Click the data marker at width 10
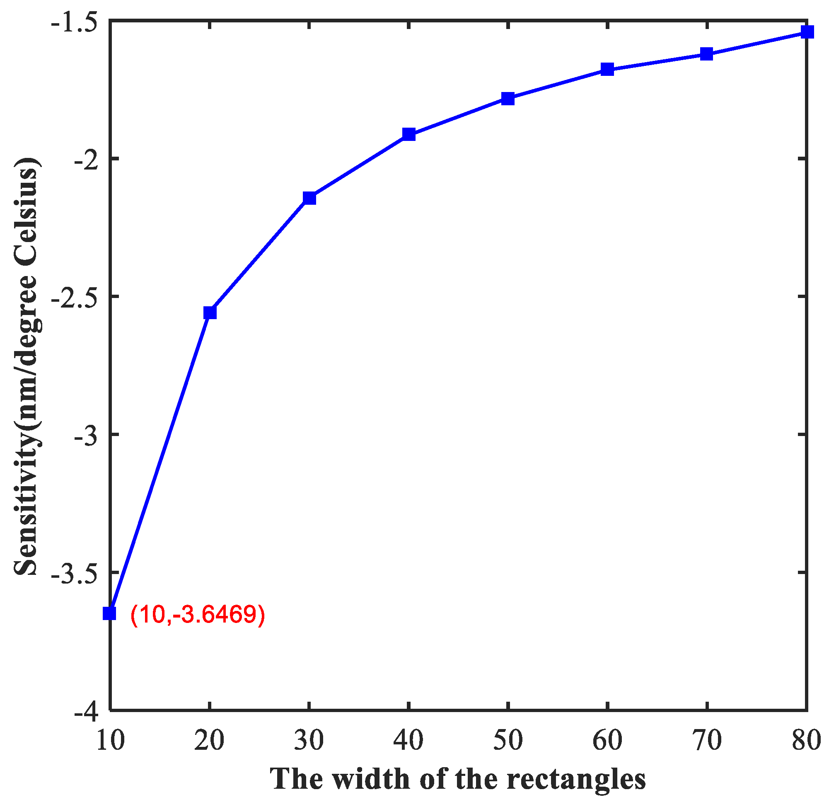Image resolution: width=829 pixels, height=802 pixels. [109, 613]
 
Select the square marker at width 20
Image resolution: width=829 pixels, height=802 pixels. [210, 313]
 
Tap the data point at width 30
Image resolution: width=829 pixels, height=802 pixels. [309, 198]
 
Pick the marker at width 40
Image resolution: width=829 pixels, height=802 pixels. [409, 135]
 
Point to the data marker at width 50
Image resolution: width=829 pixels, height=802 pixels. [508, 99]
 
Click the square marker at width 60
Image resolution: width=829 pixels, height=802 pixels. [607, 69]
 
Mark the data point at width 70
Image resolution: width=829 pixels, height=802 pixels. [706, 54]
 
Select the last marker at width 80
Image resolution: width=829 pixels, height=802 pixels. [807, 32]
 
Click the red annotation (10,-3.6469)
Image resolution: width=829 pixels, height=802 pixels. [198, 615]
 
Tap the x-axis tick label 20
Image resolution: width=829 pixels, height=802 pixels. [209, 741]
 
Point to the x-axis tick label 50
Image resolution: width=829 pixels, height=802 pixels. [508, 741]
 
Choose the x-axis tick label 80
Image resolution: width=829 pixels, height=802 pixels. [806, 741]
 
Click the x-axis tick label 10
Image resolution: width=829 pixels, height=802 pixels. [110, 741]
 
